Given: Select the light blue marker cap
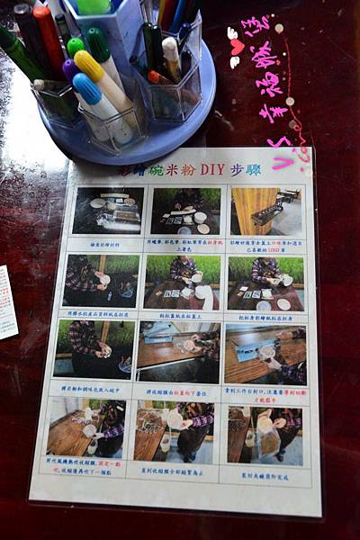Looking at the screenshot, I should (86, 87).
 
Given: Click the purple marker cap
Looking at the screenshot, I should (69, 68).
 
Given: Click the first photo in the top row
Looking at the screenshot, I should (108, 211).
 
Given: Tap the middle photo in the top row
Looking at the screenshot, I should (186, 211).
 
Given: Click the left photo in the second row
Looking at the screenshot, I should (101, 280).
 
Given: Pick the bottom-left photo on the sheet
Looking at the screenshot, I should (86, 427).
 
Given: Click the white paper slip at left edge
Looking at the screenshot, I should (6, 301).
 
